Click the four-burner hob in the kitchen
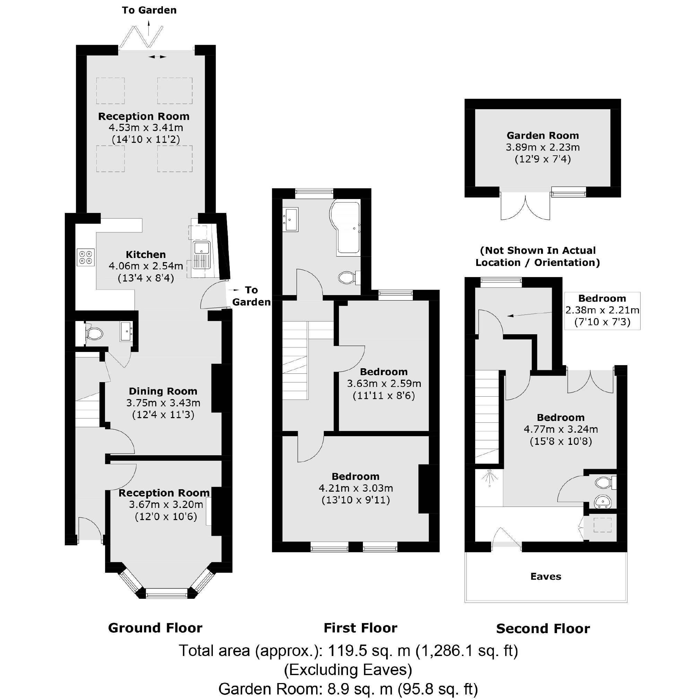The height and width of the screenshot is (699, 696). click(86, 257)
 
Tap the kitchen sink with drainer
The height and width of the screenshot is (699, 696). click(201, 255)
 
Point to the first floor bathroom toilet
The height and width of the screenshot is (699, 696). click(347, 277)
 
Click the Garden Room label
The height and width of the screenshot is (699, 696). click(542, 136)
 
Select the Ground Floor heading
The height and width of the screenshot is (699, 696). click(155, 628)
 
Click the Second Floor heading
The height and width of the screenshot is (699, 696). click(542, 629)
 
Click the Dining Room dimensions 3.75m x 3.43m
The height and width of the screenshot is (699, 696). click(163, 403)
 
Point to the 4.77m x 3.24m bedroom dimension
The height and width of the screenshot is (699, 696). click(560, 430)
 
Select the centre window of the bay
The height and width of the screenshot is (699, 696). click(167, 592)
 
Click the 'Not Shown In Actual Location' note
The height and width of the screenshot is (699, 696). click(537, 257)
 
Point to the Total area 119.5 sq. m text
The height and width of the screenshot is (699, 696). click(348, 651)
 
